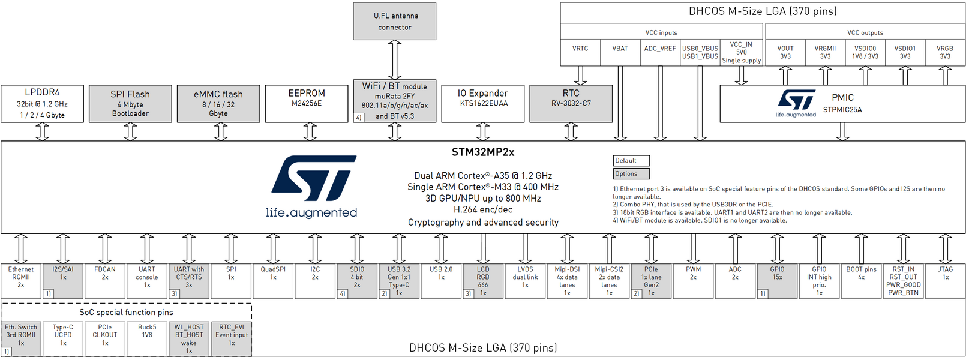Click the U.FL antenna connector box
coord(395,22)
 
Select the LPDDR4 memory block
coord(42,103)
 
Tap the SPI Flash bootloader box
coord(130,103)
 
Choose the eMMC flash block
coord(218,103)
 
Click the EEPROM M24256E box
coord(307,103)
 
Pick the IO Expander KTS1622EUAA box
coord(482,103)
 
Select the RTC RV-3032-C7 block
coord(571,103)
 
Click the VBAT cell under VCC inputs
coord(620,52)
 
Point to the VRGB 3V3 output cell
coord(945,52)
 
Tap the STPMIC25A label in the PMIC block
coord(842,110)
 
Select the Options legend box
coord(631,174)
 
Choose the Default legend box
coord(631,160)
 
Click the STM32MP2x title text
coord(483,152)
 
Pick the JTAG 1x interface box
coord(946,281)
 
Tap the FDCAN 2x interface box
coord(105,281)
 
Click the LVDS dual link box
coord(525,281)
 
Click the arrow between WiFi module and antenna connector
coord(395,60)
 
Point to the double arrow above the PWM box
coord(693,248)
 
